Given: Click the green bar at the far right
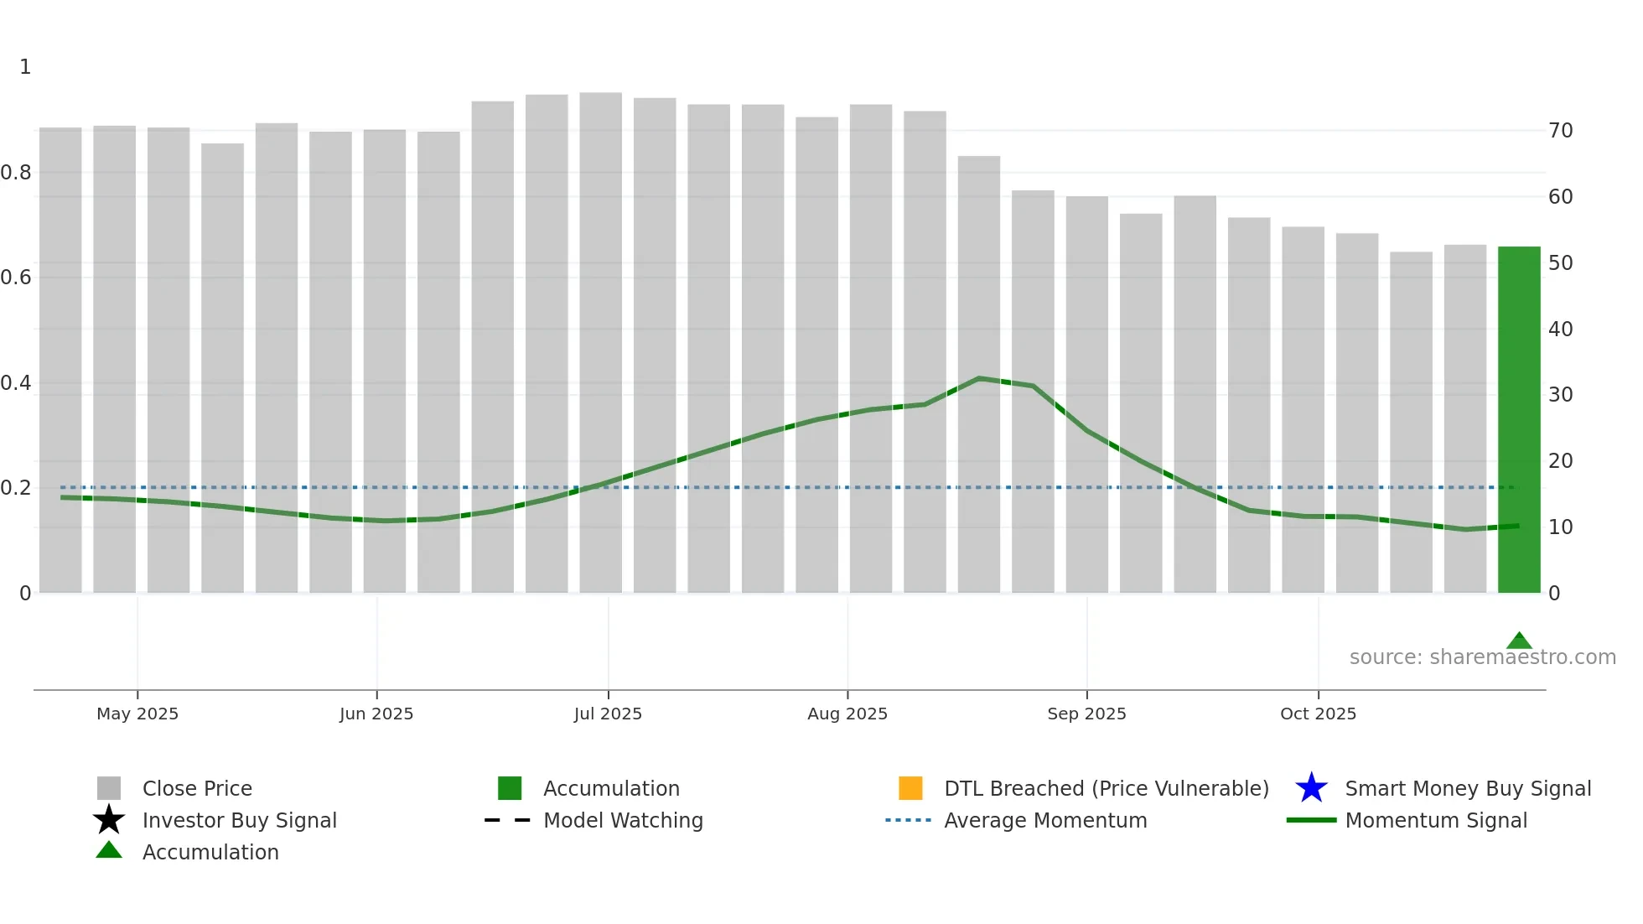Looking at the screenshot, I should [x=1518, y=419].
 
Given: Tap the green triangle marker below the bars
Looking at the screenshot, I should [x=1518, y=641].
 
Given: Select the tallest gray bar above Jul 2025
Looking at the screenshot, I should [x=600, y=335].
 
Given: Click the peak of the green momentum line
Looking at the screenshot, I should [x=978, y=379].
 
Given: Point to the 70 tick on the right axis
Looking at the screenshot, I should [x=1560, y=131].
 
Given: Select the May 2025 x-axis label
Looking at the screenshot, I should [x=137, y=714].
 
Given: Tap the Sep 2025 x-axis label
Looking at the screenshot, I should [x=1086, y=714].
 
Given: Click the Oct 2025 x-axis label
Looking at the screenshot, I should [x=1318, y=714].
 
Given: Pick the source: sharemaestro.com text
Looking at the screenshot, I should [x=1482, y=657].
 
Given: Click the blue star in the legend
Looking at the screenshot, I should [x=1311, y=788].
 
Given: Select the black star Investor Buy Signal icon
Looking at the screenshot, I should [x=109, y=820].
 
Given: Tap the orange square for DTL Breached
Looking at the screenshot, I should [x=910, y=788].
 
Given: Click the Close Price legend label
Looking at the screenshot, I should [x=197, y=788].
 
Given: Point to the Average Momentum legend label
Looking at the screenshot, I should [x=1045, y=820].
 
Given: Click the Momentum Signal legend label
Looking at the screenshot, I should [x=1436, y=820].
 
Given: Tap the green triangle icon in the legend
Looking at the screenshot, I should [x=109, y=850].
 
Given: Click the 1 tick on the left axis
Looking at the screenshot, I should [x=25, y=67].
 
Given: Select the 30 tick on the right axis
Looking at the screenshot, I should [x=1560, y=395].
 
